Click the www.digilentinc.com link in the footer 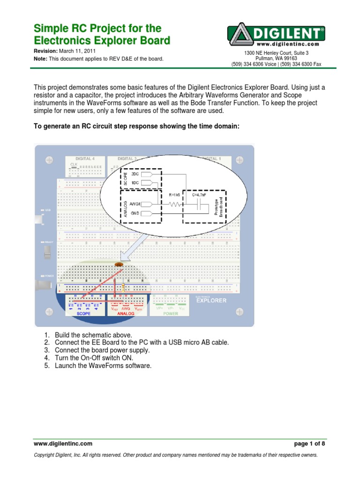coord(62,443)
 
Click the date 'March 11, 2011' coord(78,51)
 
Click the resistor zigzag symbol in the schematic coord(176,204)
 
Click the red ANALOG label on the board coord(126,314)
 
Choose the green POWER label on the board coord(171,314)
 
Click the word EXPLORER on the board coord(211,301)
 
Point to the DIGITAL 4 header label coord(85,159)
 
